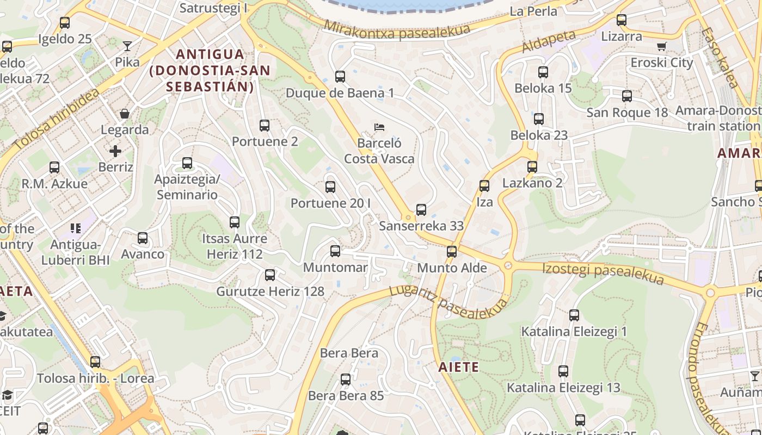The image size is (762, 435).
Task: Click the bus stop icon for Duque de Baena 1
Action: (x=340, y=77)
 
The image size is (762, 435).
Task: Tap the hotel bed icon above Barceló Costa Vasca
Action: (x=380, y=127)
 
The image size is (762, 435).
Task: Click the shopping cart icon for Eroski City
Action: (x=661, y=47)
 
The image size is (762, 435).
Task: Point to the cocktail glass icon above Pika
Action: (x=127, y=46)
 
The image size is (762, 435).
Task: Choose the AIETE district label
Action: (x=459, y=367)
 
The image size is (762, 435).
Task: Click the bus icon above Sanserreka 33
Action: (x=421, y=210)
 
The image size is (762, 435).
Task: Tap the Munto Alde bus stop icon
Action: (x=451, y=252)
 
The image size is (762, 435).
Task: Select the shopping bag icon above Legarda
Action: (x=125, y=114)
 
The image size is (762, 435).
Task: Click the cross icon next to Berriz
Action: (x=115, y=151)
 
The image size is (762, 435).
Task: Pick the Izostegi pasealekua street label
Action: (x=604, y=273)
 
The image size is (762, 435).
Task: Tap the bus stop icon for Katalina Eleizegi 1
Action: (x=574, y=315)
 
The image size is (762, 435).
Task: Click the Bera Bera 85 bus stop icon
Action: (x=346, y=380)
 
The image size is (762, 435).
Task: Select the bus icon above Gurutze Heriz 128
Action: (x=270, y=275)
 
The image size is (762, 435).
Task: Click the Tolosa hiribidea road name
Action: (x=57, y=120)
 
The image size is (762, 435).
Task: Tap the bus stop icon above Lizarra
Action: (x=621, y=21)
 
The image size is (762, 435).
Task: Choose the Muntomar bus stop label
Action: (x=335, y=268)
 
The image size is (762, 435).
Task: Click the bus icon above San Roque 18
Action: (x=627, y=96)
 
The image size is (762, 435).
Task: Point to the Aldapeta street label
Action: (x=549, y=42)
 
